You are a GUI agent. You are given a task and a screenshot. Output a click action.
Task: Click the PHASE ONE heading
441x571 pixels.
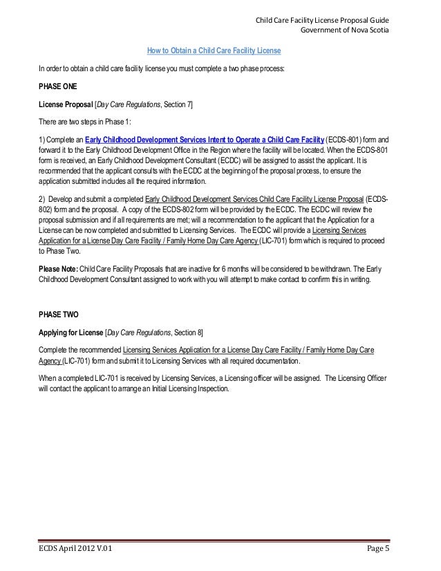[x=59, y=88]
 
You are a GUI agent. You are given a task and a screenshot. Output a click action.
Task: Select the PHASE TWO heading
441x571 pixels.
[x=59, y=313]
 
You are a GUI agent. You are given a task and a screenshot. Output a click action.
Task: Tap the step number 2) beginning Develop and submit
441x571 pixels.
[x=43, y=200]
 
